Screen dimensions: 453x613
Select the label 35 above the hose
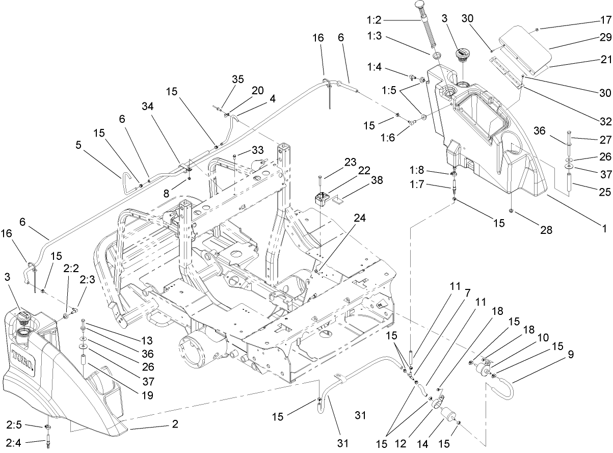237,79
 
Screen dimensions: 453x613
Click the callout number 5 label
78,144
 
